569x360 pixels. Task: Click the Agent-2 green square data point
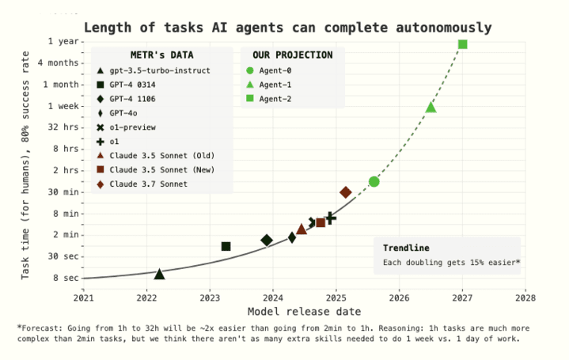click(463, 44)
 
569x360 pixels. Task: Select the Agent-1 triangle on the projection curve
click(431, 107)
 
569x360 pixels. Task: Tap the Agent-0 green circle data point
click(374, 182)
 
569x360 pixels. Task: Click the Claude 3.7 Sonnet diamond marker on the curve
click(346, 192)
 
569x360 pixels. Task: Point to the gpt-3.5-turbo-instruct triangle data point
click(159, 274)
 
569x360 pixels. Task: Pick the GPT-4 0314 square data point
click(226, 247)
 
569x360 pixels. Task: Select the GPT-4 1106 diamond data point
click(267, 241)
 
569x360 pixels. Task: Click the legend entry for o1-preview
click(132, 127)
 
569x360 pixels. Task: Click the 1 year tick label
click(63, 41)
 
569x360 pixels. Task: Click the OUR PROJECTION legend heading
click(292, 55)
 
